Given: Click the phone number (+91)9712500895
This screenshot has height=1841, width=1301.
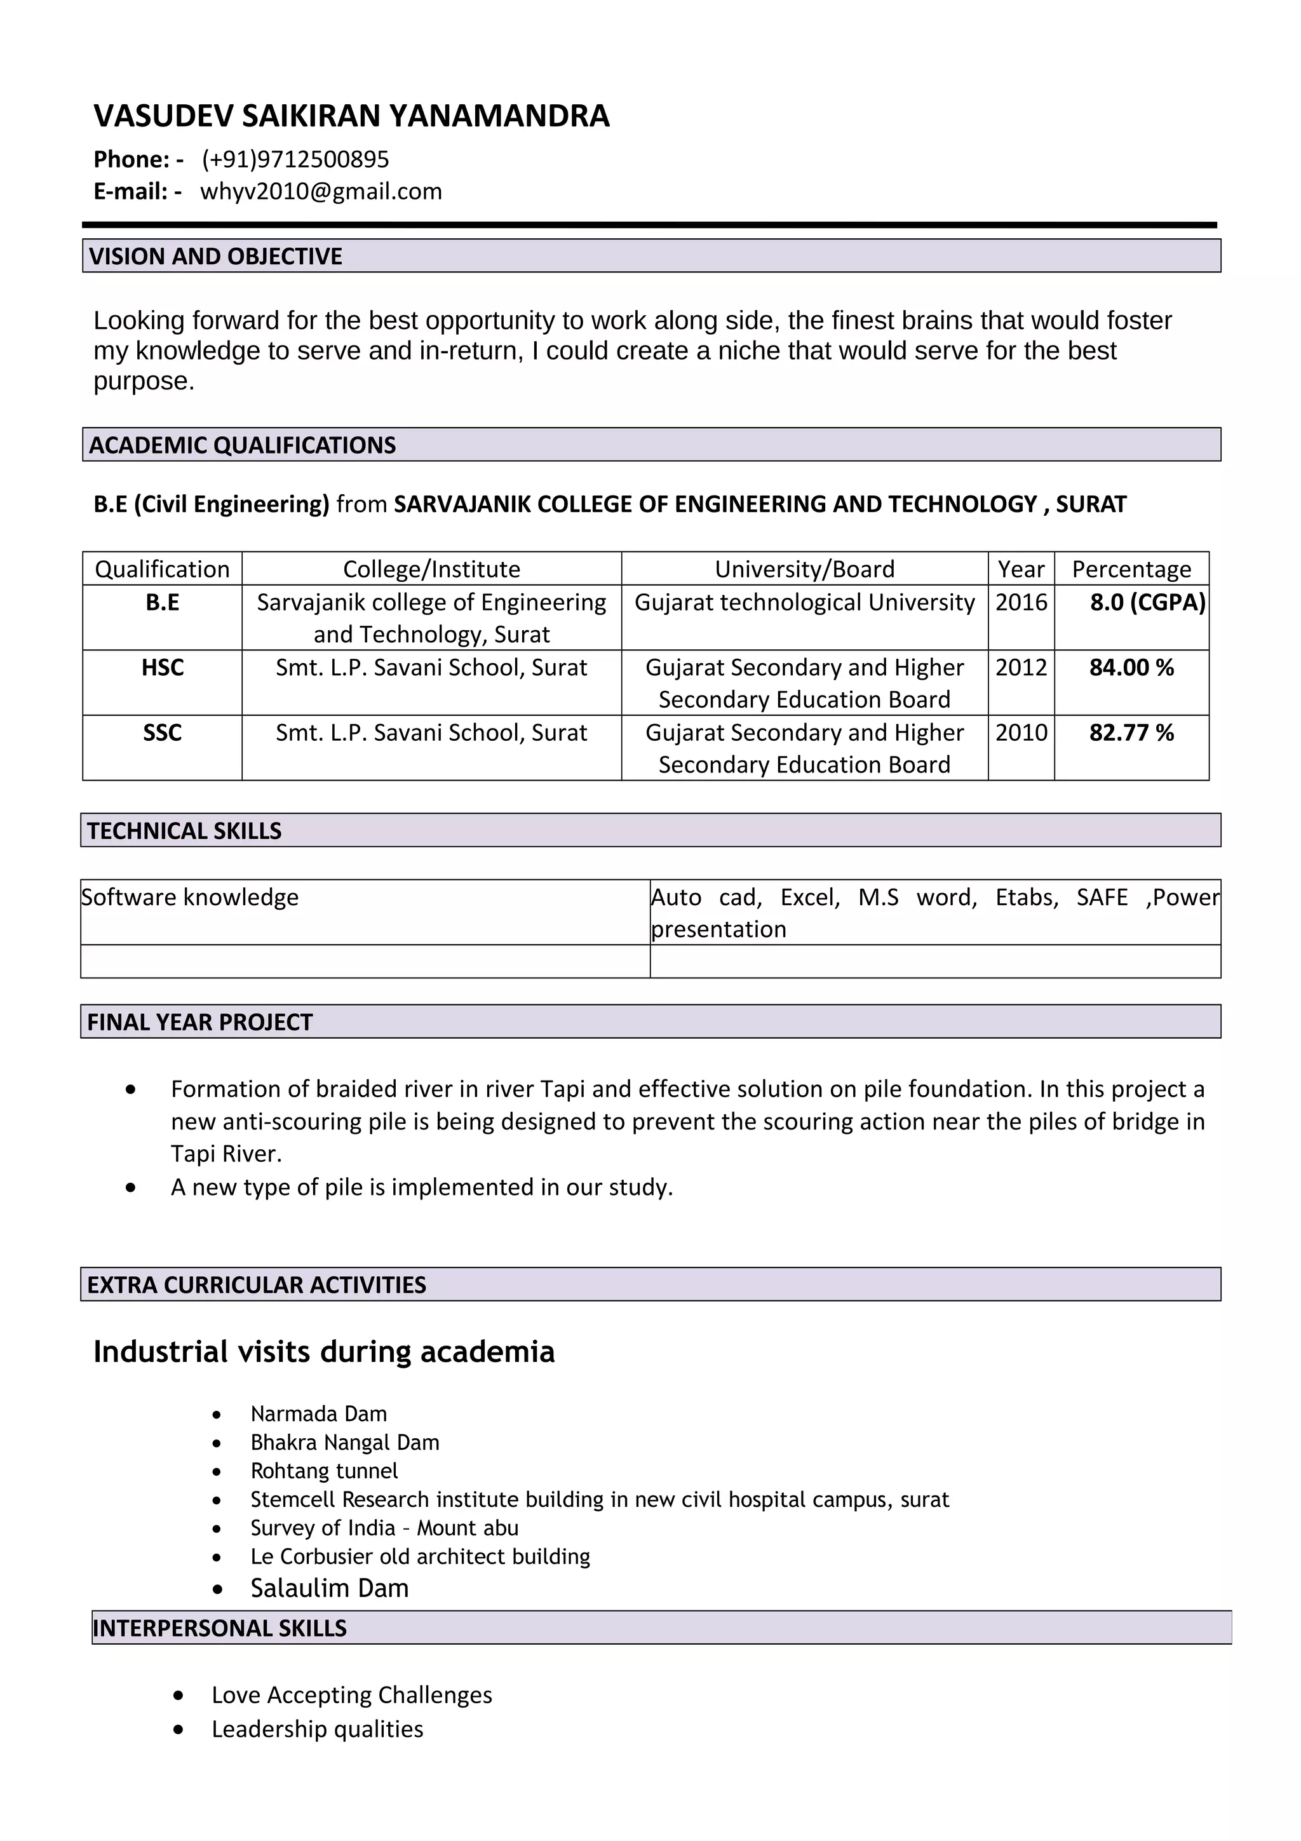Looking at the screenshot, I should click(295, 159).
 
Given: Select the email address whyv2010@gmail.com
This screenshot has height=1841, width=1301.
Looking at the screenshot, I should click(321, 192).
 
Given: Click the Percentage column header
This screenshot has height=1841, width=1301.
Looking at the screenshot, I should click(1130, 569).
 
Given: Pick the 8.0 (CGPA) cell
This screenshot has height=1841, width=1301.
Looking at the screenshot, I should click(1146, 602).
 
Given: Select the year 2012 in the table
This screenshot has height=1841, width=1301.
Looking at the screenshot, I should click(1020, 667).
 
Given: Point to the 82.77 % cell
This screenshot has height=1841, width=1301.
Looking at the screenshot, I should click(1130, 732).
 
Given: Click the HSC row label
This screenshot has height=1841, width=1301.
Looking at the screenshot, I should click(162, 667).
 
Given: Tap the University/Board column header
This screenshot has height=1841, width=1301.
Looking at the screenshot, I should click(804, 569).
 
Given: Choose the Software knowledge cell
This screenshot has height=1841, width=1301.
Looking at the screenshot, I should click(190, 896).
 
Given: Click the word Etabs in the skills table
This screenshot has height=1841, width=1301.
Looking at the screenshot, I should click(1026, 896).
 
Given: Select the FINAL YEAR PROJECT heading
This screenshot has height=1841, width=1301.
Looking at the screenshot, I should click(199, 1022).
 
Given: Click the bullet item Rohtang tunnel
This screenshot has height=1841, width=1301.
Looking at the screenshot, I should click(324, 1471).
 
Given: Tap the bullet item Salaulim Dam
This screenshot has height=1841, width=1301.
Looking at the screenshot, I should click(330, 1588).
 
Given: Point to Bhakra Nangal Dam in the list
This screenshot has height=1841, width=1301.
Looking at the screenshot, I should click(345, 1441).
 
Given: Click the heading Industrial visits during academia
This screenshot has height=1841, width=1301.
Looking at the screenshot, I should click(324, 1351).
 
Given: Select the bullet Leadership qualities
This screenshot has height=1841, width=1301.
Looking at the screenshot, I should click(318, 1729).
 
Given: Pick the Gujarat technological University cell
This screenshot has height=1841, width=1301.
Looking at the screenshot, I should click(804, 602).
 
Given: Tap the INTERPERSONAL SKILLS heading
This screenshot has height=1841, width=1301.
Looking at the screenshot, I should click(220, 1628).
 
